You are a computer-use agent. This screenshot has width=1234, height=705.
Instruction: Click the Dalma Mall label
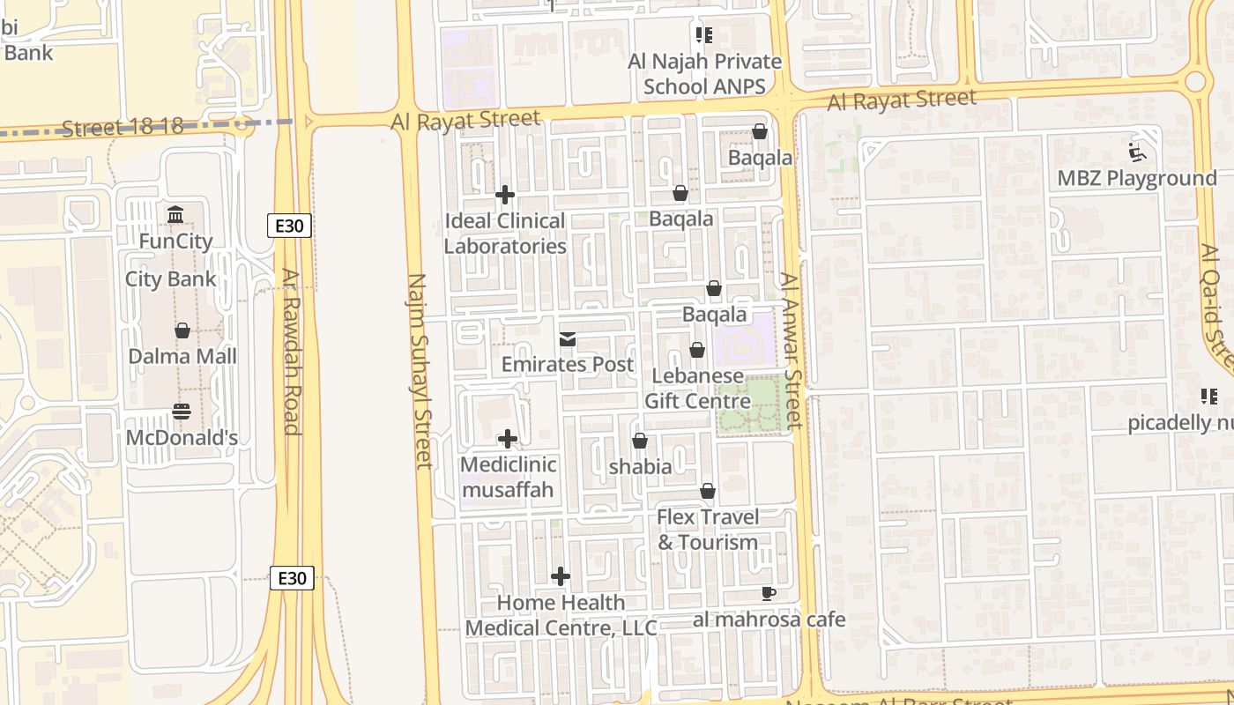[182, 356]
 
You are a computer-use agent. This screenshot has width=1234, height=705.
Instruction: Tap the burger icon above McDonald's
[182, 412]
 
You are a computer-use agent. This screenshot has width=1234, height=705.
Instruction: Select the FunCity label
[175, 241]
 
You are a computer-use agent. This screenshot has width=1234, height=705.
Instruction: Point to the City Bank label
[170, 279]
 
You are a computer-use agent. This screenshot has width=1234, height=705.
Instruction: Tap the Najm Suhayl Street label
[420, 370]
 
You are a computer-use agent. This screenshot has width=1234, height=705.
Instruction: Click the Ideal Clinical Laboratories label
[505, 234]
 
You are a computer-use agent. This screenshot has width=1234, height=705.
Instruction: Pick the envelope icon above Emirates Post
[568, 339]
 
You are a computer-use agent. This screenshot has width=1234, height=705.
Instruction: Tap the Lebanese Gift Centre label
[697, 389]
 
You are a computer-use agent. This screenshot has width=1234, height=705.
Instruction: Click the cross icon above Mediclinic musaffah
[508, 439]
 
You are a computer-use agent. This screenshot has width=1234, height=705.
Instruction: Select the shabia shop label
[641, 466]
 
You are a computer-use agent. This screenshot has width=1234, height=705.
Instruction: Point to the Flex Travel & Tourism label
[708, 529]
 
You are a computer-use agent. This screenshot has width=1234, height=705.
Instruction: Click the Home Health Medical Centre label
[561, 615]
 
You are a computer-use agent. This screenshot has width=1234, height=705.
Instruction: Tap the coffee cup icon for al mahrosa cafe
[768, 593]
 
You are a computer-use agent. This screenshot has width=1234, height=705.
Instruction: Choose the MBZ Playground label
[1137, 178]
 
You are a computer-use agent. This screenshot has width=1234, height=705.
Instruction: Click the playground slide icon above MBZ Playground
[1137, 153]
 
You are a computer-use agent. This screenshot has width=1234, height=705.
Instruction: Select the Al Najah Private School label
[704, 74]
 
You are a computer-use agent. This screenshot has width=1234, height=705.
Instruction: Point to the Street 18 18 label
[123, 127]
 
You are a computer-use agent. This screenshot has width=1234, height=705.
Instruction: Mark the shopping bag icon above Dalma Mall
[182, 330]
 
